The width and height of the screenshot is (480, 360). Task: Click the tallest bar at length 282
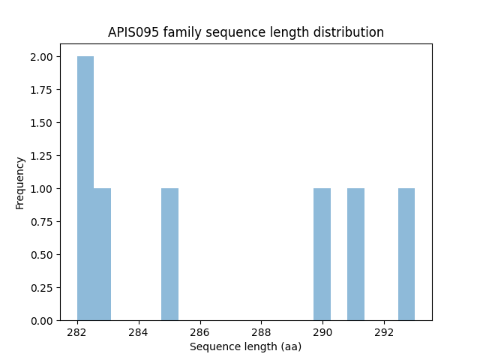click(85, 188)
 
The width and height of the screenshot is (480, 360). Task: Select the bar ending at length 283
click(102, 254)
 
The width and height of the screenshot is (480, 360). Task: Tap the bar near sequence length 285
click(169, 254)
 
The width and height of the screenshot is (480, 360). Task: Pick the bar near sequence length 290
click(322, 254)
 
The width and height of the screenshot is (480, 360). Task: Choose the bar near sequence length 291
click(355, 254)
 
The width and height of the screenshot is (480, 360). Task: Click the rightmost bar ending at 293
click(406, 254)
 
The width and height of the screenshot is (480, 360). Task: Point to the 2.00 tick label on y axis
click(41, 57)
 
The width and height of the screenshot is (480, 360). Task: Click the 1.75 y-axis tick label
click(41, 90)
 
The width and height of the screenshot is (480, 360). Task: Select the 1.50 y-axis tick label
click(41, 123)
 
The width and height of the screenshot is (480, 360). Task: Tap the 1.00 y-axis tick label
click(41, 189)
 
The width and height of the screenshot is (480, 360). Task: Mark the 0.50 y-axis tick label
click(41, 255)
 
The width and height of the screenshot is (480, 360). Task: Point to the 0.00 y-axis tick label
click(41, 321)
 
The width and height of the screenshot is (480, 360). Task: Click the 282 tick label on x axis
click(77, 332)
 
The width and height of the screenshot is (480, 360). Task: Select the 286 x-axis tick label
click(199, 332)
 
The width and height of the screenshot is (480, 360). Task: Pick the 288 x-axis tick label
click(261, 332)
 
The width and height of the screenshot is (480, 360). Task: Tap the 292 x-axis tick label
click(384, 332)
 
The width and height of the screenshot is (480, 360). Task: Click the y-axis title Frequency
click(20, 182)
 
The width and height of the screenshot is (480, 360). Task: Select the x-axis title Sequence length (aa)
click(245, 346)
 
